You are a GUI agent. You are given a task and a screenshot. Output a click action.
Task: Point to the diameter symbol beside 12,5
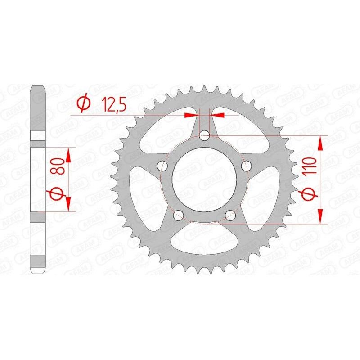click(84, 103)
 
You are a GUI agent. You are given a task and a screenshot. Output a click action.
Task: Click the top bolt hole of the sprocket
click(205, 135)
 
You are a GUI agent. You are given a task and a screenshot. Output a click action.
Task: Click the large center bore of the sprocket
click(204, 180)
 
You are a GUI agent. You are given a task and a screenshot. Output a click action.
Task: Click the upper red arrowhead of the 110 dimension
click(321, 143)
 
